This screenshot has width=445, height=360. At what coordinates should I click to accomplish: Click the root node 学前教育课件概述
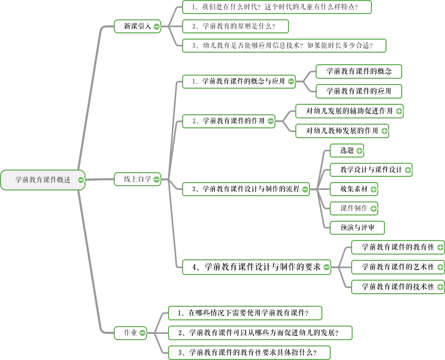[x=42, y=179]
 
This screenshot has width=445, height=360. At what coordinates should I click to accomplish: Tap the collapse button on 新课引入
[x=157, y=26]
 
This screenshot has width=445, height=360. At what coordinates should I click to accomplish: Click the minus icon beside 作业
[x=142, y=333]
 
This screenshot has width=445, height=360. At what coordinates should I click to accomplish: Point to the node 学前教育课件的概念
[x=358, y=71]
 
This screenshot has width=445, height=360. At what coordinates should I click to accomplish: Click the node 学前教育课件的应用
[x=358, y=91]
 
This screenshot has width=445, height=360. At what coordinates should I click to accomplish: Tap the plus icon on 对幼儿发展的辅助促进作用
[x=399, y=111]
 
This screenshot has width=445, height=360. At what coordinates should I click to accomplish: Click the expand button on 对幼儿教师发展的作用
[x=384, y=131]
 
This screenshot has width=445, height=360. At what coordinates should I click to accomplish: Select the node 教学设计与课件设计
[x=370, y=170]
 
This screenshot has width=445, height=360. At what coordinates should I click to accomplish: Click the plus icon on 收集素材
[x=374, y=189]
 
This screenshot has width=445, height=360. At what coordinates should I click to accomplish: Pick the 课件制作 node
[x=353, y=209]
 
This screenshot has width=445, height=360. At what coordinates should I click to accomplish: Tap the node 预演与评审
[x=357, y=228]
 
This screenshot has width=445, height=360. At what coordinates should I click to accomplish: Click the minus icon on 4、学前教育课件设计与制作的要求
[x=327, y=268]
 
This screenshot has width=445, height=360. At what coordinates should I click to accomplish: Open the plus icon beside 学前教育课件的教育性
[x=441, y=248]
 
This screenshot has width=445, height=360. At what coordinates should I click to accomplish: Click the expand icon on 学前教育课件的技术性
[x=441, y=287]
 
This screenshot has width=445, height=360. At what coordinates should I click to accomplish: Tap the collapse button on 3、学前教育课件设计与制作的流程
[x=305, y=189]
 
